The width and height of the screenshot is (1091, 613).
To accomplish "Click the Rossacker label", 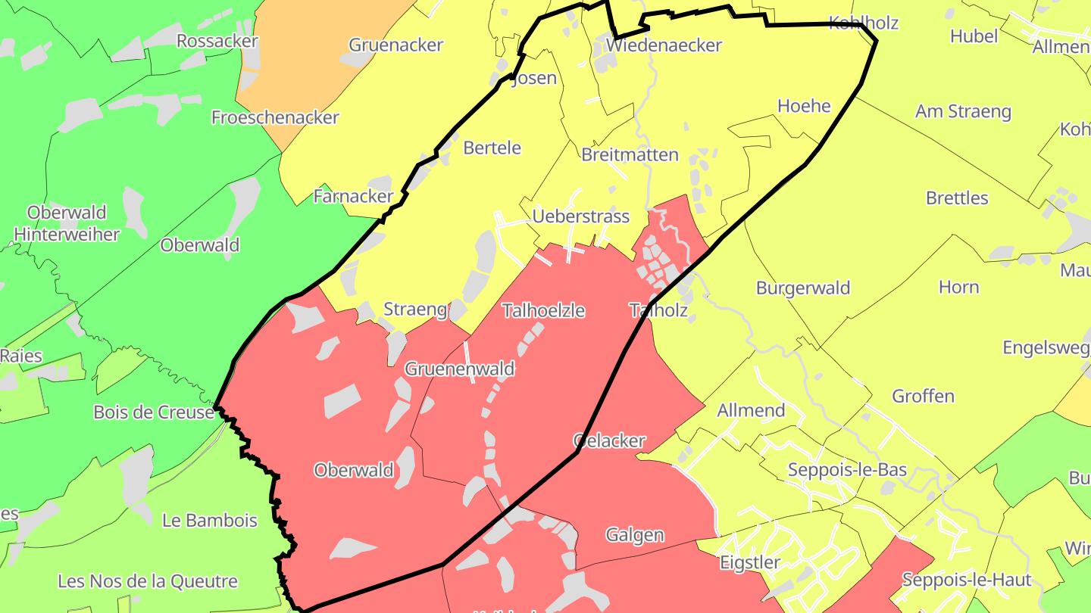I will [217, 41].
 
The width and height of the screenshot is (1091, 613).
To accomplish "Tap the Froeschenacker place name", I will [275, 117].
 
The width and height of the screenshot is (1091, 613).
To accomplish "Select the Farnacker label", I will [353, 197].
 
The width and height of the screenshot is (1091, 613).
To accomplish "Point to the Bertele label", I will [492, 148].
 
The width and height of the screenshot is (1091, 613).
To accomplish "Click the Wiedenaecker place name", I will [664, 45].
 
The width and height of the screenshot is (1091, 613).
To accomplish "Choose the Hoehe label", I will [805, 106].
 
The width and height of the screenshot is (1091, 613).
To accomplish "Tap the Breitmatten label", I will [630, 155].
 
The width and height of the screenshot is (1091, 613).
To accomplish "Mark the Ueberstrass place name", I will [581, 217].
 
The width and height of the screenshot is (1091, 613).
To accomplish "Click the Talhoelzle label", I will [543, 310].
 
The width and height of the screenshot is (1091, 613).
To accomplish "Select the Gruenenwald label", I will [460, 369].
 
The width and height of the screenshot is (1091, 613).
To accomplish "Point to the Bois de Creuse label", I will [154, 412].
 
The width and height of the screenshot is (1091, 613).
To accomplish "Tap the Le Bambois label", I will [210, 521].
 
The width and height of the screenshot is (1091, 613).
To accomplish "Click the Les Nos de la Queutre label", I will [148, 582].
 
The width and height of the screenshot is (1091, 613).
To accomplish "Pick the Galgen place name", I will [635, 536].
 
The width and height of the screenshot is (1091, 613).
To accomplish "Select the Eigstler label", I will [750, 563].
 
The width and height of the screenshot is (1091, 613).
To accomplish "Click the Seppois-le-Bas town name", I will [847, 470].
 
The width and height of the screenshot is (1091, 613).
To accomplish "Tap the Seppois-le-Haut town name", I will [967, 580].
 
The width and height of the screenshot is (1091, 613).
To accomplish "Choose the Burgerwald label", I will [803, 288].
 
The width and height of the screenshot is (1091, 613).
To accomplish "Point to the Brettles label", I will [957, 198].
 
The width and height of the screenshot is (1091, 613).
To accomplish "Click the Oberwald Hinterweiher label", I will [67, 223].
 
